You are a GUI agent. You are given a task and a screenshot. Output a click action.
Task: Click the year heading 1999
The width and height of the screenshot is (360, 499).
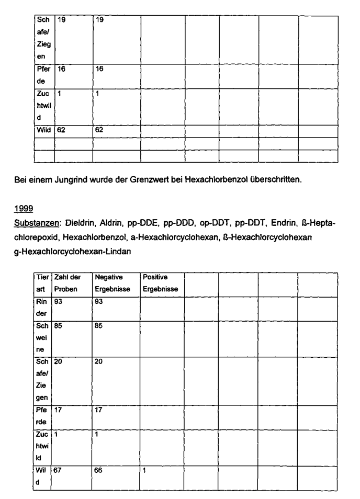tap(25, 209)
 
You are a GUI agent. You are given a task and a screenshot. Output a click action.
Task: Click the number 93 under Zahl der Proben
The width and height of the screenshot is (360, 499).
tap(58, 302)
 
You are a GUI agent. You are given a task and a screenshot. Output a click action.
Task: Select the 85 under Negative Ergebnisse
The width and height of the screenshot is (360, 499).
tap(99, 325)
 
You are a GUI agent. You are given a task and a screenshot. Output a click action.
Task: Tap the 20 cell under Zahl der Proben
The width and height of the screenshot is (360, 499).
tap(58, 361)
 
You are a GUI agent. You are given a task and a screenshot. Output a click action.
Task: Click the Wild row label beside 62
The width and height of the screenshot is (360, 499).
tap(43, 129)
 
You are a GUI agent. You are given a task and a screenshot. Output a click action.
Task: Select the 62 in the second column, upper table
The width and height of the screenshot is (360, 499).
tap(99, 129)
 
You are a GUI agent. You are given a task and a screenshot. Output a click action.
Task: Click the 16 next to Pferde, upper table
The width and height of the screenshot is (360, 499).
tap(61, 69)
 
